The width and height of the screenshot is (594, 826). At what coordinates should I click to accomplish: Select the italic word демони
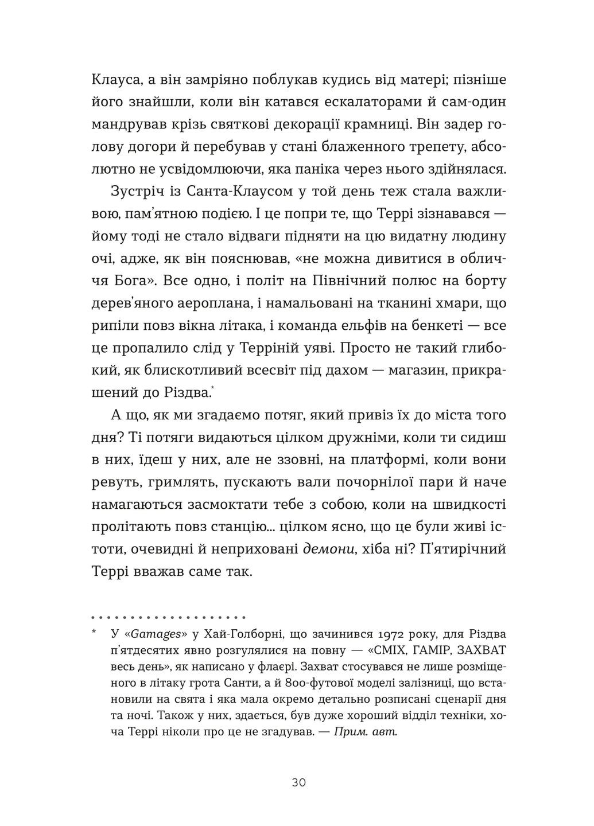coord(328,550)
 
